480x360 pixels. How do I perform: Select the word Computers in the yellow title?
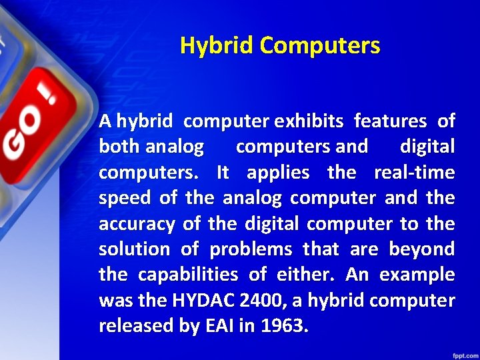click(320, 46)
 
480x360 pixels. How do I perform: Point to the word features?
click(391, 121)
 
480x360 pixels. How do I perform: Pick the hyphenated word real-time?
click(414, 173)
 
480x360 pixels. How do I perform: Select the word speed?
click(125, 199)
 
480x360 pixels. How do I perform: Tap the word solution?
click(134, 249)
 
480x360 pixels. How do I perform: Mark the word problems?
click(251, 249)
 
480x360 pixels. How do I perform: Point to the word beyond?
click(421, 249)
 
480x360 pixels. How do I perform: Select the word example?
click(418, 275)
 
